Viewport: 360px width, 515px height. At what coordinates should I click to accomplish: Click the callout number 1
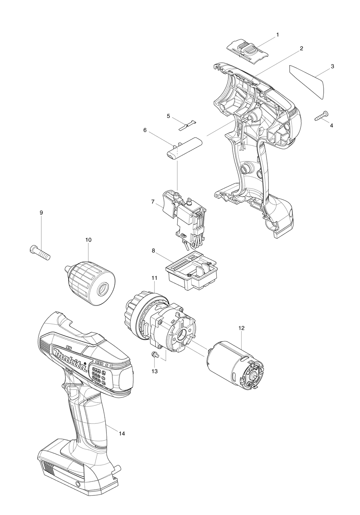click(278, 35)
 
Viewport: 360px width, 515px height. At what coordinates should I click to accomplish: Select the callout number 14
click(122, 433)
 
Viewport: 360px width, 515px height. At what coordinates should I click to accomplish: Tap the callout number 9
click(41, 213)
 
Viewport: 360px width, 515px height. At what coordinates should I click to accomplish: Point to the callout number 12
click(241, 328)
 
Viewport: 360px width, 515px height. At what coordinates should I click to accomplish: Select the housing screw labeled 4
click(322, 116)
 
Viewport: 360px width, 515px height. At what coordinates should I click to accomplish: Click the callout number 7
click(153, 202)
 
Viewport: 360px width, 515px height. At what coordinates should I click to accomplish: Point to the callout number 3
click(332, 66)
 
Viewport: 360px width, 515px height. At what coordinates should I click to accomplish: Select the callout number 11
click(154, 277)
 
